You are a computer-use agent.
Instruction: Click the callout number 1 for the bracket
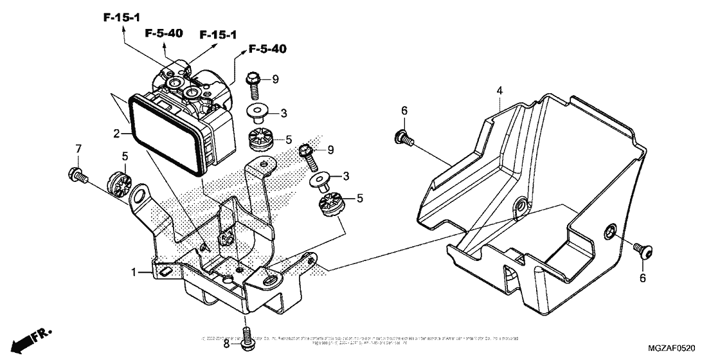pyautogui.click(x=135, y=273)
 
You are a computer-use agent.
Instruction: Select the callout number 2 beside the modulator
pyautogui.click(x=116, y=134)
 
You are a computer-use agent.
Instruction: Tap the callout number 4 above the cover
pyautogui.click(x=499, y=91)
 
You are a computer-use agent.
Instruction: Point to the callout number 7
pyautogui.click(x=78, y=149)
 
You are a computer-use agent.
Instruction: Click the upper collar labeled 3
pyautogui.click(x=257, y=113)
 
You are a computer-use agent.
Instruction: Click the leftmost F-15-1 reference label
pyautogui.click(x=122, y=17)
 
